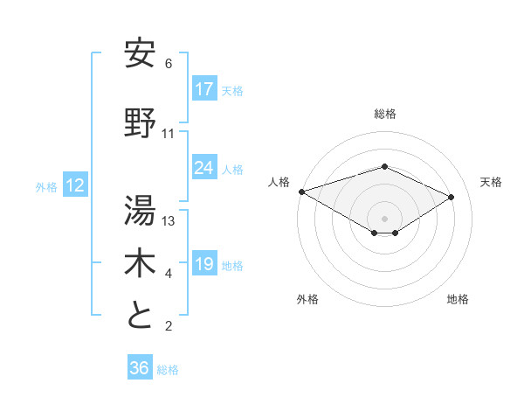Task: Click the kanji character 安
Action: click(140, 53)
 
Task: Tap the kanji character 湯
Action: click(140, 210)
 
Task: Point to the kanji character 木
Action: click(140, 263)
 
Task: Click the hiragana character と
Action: click(140, 316)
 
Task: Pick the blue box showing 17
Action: click(203, 89)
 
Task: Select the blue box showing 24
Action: click(203, 168)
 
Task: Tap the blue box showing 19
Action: click(203, 264)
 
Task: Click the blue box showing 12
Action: click(74, 185)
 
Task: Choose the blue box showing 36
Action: click(140, 368)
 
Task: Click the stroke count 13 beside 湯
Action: click(169, 221)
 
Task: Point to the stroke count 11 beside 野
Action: click(169, 134)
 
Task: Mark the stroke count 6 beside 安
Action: click(168, 64)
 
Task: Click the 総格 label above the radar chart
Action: click(384, 114)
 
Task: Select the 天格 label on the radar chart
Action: click(491, 182)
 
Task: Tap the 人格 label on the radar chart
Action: click(279, 182)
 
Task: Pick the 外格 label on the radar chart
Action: click(307, 299)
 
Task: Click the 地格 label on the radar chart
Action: click(458, 299)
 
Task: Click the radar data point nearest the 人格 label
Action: click(301, 191)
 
